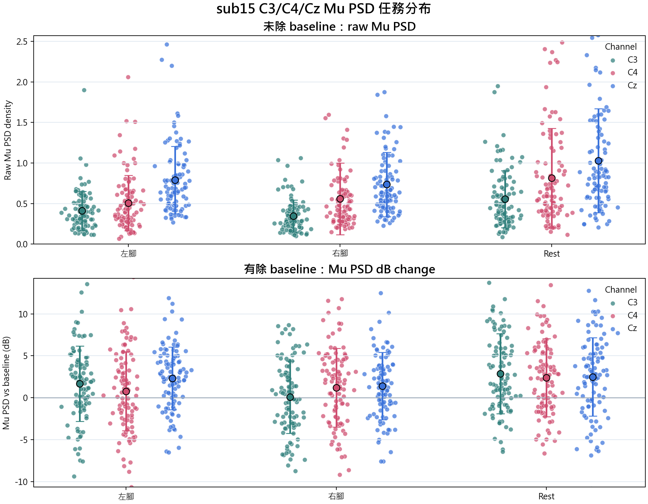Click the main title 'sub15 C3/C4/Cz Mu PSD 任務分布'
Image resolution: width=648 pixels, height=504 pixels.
pyautogui.click(x=323, y=9)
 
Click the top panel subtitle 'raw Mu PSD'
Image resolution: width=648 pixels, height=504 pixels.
pyautogui.click(x=382, y=26)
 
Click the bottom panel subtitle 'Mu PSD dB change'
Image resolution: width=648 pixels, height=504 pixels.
pyautogui.click(x=382, y=269)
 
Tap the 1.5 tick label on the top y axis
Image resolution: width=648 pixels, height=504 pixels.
pyautogui.click(x=22, y=123)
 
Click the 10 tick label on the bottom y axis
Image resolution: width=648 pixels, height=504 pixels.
pyautogui.click(x=23, y=314)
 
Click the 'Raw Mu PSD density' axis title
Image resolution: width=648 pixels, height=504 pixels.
pyautogui.click(x=8, y=140)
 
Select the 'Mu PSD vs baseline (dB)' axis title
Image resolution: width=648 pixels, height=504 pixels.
pyautogui.click(x=6, y=383)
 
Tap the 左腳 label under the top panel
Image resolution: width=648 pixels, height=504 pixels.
pyautogui.click(x=128, y=254)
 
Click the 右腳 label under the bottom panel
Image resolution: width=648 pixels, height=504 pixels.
pyautogui.click(x=336, y=496)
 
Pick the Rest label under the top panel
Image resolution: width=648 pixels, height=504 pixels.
pyautogui.click(x=552, y=254)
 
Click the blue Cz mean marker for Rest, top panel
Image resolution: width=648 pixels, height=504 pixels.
pyautogui.click(x=598, y=161)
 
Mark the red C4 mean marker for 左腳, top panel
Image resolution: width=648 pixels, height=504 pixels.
pyautogui.click(x=128, y=203)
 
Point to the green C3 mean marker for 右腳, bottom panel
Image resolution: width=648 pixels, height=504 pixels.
pyautogui.click(x=290, y=397)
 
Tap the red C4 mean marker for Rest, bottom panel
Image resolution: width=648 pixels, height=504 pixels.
pyautogui.click(x=546, y=378)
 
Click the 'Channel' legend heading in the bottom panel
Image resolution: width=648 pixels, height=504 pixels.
pyautogui.click(x=621, y=290)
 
